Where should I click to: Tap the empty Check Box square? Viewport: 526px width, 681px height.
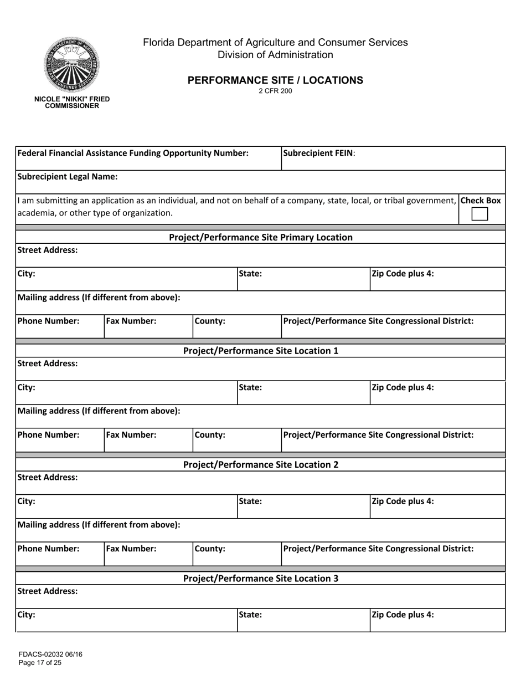pyautogui.click(x=479, y=214)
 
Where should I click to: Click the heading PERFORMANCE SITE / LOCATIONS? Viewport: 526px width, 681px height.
pyautogui.click(x=275, y=80)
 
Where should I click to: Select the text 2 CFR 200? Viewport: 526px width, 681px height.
pyautogui.click(x=275, y=91)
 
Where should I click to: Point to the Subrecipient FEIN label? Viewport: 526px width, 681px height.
pyautogui.click(x=319, y=153)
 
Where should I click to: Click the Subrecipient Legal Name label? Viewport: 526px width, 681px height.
pyautogui.click(x=68, y=177)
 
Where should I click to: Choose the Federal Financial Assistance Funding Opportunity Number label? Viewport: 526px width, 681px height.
pyautogui.click(x=133, y=153)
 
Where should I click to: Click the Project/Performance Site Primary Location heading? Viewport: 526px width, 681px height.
pyautogui.click(x=260, y=237)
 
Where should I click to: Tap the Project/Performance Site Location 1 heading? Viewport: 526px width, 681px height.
pyautogui.click(x=260, y=351)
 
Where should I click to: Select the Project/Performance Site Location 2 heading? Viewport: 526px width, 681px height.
pyautogui.click(x=260, y=464)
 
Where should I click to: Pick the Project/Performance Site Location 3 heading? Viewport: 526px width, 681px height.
pyautogui.click(x=260, y=578)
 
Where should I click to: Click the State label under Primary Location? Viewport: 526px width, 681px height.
pyautogui.click(x=250, y=273)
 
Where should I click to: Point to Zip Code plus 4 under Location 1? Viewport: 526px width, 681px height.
pyautogui.click(x=403, y=387)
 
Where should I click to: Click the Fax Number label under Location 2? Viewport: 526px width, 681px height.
pyautogui.click(x=131, y=549)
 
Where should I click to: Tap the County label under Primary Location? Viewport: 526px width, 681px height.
pyautogui.click(x=210, y=321)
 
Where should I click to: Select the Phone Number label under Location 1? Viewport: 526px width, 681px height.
pyautogui.click(x=49, y=435)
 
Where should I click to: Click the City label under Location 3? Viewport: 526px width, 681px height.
pyautogui.click(x=27, y=615)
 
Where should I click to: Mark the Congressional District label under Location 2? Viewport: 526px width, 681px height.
pyautogui.click(x=378, y=549)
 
